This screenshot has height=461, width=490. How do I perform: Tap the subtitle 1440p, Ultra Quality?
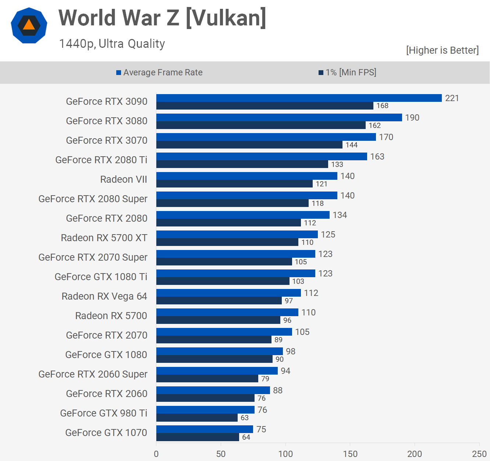[112, 44]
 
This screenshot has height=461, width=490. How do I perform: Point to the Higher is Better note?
[442, 50]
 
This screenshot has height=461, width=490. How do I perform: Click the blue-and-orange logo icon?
[29, 25]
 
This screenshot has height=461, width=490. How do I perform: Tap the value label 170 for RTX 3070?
[386, 137]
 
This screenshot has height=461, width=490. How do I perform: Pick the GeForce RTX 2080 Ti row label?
[101, 160]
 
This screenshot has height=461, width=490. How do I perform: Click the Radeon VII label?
[124, 179]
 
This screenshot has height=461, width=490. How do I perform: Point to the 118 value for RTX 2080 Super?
[318, 203]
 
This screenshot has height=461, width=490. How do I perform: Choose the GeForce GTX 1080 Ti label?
[101, 277]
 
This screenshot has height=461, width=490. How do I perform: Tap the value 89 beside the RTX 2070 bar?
[278, 340]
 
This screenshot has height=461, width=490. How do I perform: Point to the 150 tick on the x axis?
[350, 454]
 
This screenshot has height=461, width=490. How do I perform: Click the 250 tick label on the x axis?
[479, 454]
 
